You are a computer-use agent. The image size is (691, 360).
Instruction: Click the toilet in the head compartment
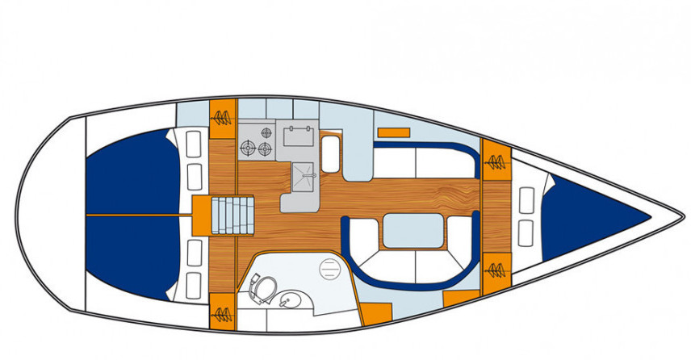tap(262, 285)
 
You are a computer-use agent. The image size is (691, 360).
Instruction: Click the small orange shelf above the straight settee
tap(393, 131)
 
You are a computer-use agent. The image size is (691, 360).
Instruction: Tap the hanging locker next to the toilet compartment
tap(222, 311)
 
